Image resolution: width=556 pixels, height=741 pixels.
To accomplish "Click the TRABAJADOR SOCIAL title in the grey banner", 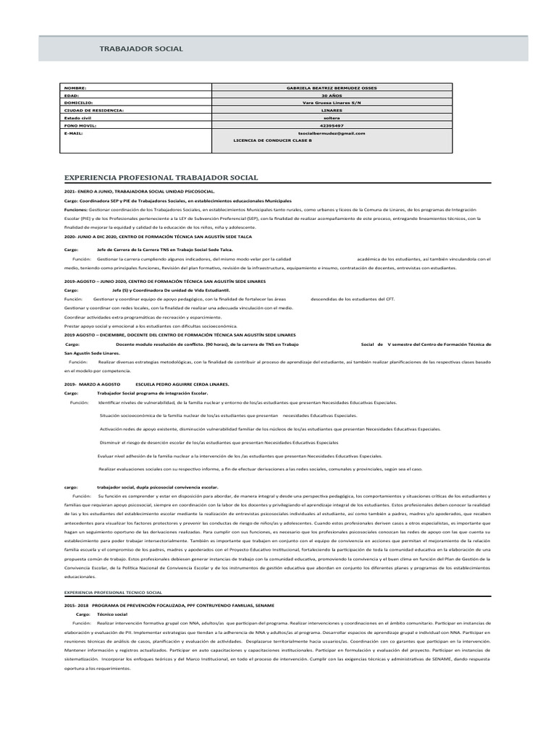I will pos(140,48).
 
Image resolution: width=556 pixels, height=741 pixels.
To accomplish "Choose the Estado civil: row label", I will pos(78,118).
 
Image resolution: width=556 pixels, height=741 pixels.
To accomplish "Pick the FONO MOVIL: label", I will pos(80,125).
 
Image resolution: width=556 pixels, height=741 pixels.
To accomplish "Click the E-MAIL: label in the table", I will pos(75,133).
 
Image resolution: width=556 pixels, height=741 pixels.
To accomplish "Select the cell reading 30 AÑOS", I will pos(332,96).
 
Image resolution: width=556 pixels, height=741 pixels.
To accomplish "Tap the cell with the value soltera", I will pos(332,118).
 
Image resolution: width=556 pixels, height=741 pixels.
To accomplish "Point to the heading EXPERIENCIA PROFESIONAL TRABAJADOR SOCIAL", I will pos(161,177).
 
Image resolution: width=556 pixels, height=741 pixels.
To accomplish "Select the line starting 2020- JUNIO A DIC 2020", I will pos(158,237).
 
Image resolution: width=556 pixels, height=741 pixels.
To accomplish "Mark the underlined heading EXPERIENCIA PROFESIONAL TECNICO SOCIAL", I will pos(113,592).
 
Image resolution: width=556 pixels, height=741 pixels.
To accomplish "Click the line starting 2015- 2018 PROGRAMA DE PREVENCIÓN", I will pos(169,605).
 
